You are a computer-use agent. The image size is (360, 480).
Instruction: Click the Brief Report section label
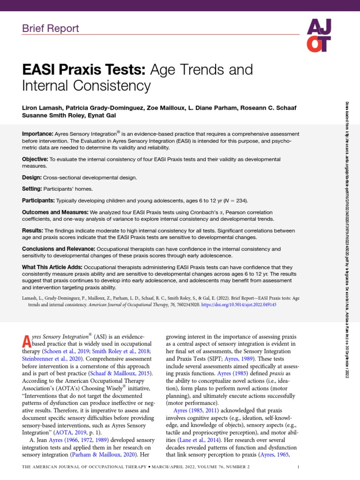(x=51, y=28)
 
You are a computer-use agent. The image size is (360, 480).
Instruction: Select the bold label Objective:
(x=35, y=159)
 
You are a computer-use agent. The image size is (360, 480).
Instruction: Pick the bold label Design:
(x=32, y=178)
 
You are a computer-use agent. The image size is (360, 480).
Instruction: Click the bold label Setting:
(x=33, y=189)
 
